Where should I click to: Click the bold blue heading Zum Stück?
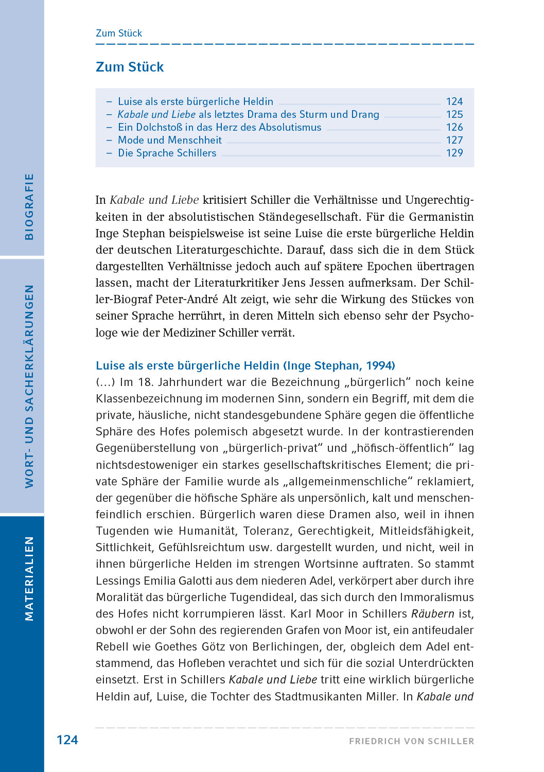pyautogui.click(x=130, y=67)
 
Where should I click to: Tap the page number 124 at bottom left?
pyautogui.click(x=67, y=740)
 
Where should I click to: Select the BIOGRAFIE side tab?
pyautogui.click(x=29, y=206)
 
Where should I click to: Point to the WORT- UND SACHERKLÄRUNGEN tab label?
pyautogui.click(x=29, y=386)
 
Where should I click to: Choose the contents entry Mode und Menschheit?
pyautogui.click(x=169, y=140)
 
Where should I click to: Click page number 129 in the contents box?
pyautogui.click(x=454, y=153)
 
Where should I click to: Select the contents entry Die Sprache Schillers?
pyautogui.click(x=167, y=153)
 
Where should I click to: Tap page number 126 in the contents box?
pyautogui.click(x=454, y=127)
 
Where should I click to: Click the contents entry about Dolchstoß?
pyautogui.click(x=219, y=127)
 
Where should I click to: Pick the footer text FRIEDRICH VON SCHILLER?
pyautogui.click(x=411, y=741)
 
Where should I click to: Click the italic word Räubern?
pyautogui.click(x=432, y=613)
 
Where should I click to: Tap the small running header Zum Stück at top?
pyautogui.click(x=119, y=33)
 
